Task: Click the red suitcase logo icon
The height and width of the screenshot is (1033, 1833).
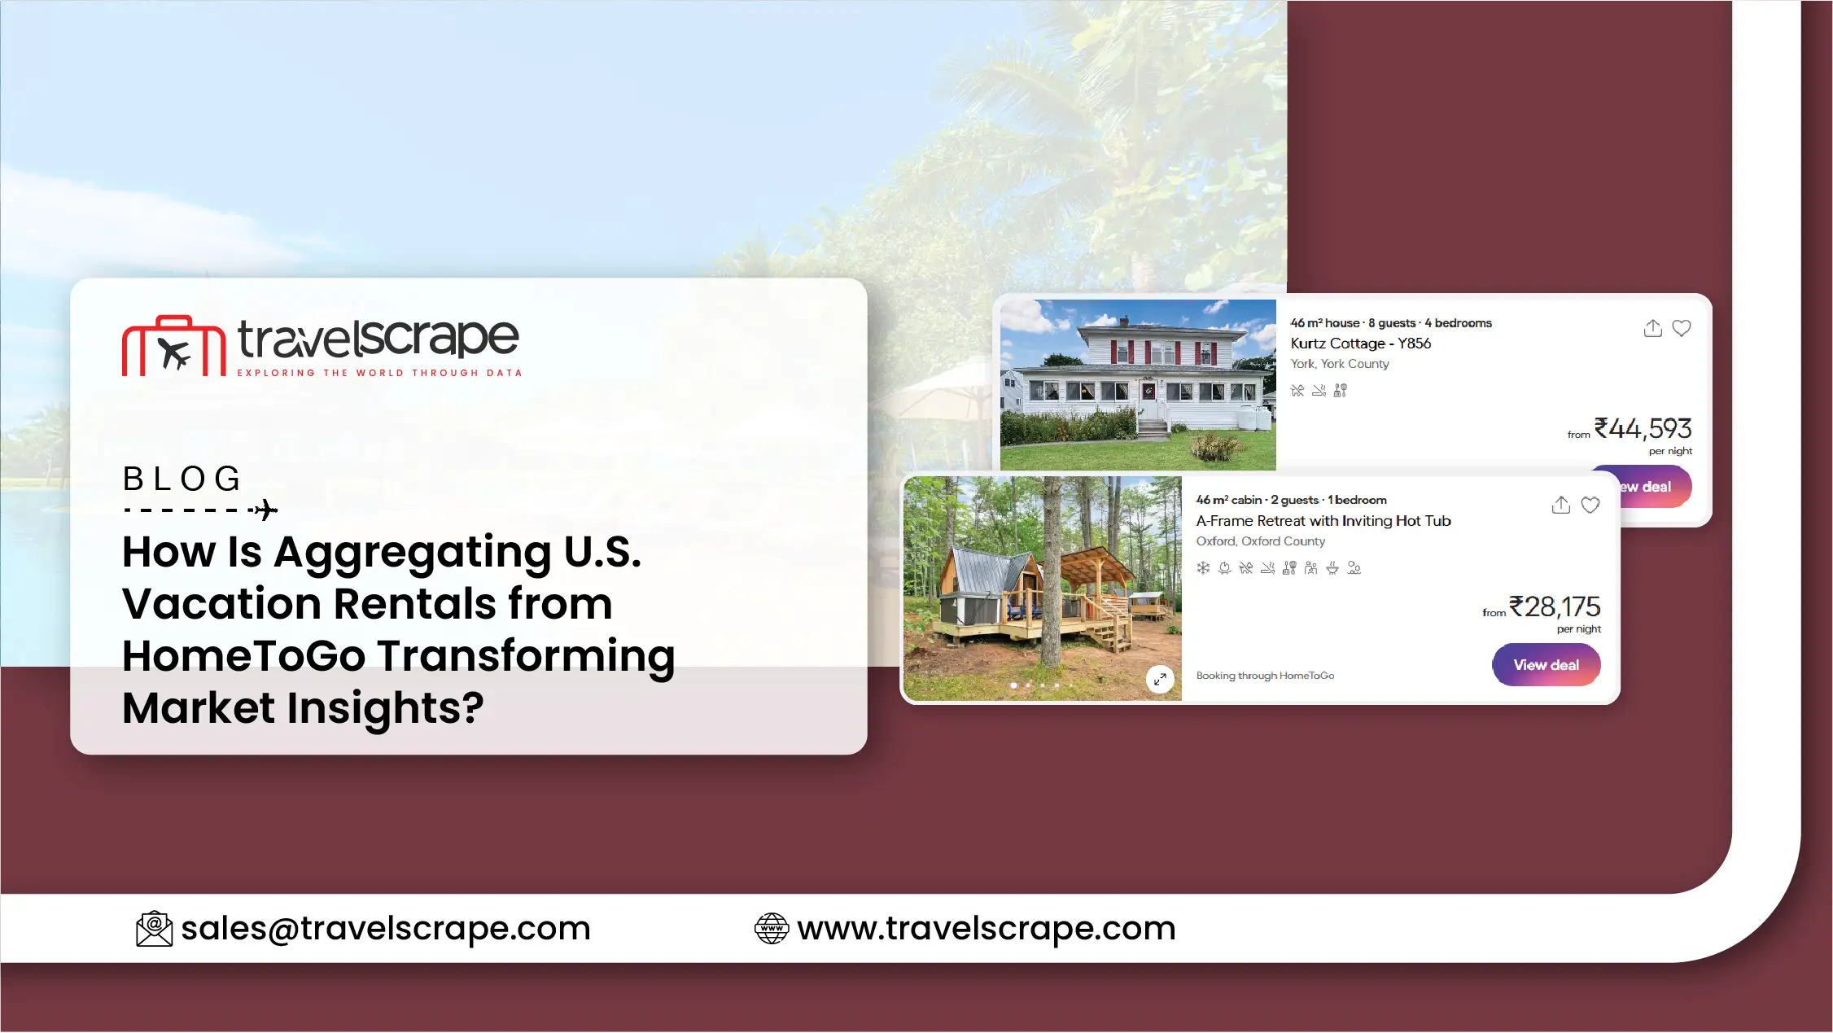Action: coord(173,346)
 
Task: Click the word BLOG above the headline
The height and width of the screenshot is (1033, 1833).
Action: coord(182,479)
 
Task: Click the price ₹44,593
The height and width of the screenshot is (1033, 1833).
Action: coord(1643,428)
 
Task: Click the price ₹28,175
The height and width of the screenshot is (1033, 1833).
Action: coord(1555,606)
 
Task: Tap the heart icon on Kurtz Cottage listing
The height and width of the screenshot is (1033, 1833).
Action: coord(1682,328)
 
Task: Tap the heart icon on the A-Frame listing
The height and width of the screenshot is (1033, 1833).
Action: coord(1590,506)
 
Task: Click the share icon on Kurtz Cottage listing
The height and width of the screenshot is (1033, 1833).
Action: coord(1653,328)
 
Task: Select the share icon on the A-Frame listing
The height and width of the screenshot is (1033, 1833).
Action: coord(1561,505)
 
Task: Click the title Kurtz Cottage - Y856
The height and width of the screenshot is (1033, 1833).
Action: coord(1361,344)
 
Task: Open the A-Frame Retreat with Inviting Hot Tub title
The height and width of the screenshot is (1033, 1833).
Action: coord(1323,521)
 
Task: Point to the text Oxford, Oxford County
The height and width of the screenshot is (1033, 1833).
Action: coord(1261,541)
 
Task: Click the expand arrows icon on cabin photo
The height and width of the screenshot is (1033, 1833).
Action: coord(1160,679)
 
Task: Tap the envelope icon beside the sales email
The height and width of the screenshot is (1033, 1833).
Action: coord(155,929)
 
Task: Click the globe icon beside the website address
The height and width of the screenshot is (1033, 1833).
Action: coord(772,929)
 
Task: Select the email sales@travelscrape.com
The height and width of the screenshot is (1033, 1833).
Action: coord(386,928)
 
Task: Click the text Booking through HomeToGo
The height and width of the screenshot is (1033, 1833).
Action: coord(1266,676)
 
